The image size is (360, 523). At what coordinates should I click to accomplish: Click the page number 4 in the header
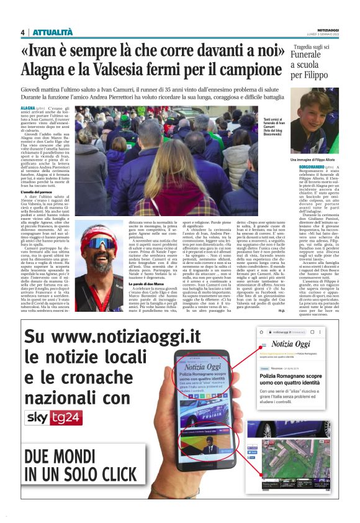click(x=22, y=32)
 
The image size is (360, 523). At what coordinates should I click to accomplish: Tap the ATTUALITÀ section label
click(x=53, y=32)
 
